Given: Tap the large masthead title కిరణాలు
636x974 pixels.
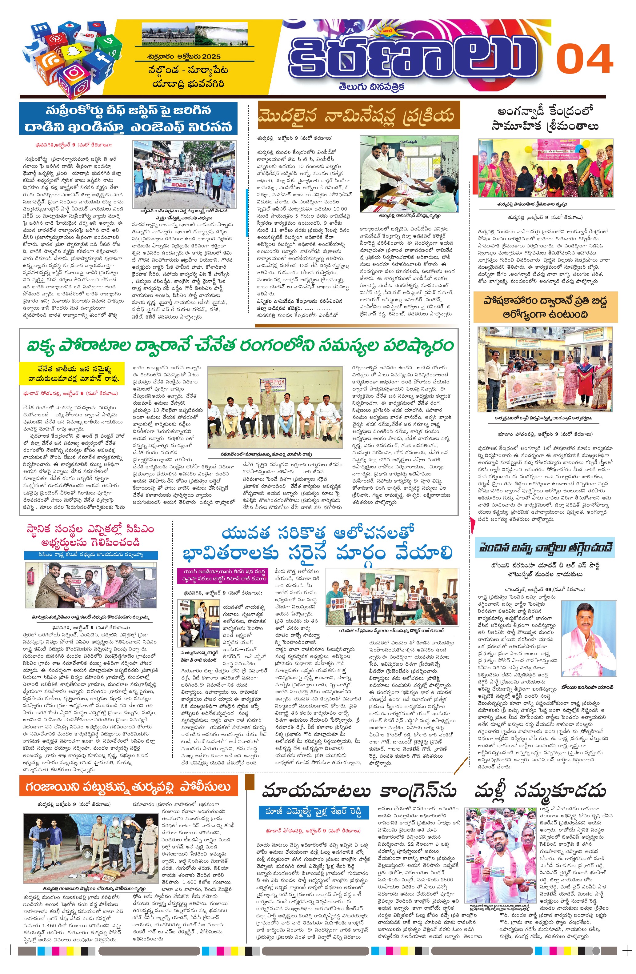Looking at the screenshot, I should (x=413, y=56).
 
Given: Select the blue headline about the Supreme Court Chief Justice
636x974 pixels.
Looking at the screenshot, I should (x=128, y=119).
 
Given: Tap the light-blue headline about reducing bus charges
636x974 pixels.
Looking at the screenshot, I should (x=544, y=547).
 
